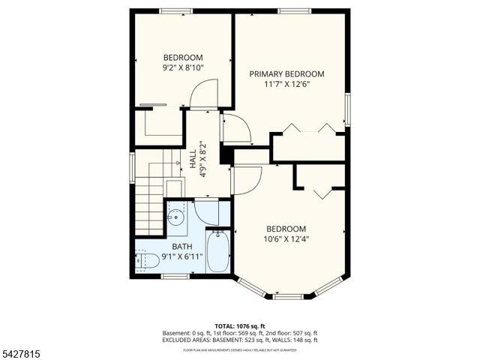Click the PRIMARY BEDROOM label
click(286, 73)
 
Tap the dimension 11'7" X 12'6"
click(286, 84)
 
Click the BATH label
click(182, 246)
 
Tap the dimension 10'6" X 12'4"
click(286, 239)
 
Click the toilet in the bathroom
click(146, 260)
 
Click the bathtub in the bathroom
click(219, 253)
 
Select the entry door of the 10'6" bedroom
click(246, 181)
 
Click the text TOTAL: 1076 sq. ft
click(240, 325)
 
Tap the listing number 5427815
click(22, 350)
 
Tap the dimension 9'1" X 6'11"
click(182, 256)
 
